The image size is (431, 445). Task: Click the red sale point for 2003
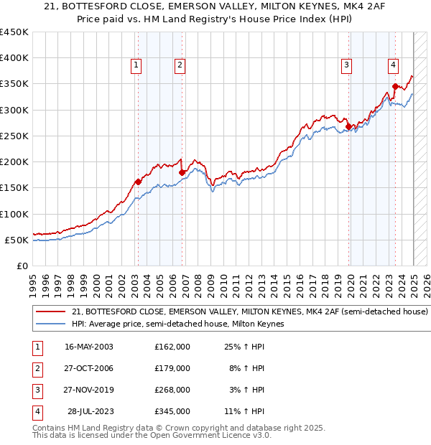pos(138,182)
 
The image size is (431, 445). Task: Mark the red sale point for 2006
pos(182,172)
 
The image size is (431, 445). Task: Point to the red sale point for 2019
pos(349,127)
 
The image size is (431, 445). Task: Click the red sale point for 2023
pos(395,87)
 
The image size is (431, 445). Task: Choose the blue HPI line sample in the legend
pos(51,324)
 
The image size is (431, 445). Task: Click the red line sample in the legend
pos(51,311)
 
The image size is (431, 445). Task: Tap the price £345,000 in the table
pos(172,411)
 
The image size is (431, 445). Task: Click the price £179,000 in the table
pos(172,367)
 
